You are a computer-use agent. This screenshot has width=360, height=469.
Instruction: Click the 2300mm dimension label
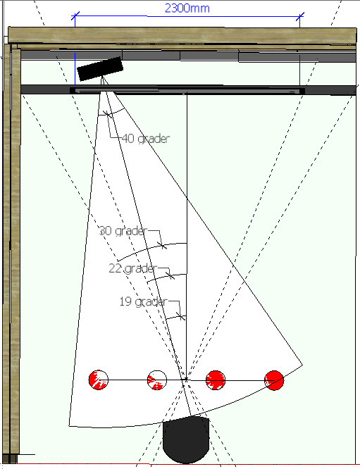187,8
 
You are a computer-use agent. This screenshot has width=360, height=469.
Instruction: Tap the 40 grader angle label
146,139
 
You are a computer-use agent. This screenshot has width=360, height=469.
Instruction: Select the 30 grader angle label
123,230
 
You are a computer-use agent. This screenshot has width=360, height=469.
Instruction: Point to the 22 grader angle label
132,268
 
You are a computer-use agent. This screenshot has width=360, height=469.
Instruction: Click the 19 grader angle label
143,301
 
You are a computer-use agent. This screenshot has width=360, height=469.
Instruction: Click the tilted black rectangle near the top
100,69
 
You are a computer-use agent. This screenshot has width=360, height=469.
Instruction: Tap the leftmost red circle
99,380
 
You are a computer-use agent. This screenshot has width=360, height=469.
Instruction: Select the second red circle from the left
157,380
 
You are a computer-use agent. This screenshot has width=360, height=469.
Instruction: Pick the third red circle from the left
216,380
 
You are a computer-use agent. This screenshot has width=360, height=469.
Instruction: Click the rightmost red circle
274,380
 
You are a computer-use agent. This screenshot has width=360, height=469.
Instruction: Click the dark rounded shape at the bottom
186,439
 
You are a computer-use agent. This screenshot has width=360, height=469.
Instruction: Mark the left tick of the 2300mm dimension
75,16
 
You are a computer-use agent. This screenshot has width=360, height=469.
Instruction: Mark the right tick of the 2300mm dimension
300,17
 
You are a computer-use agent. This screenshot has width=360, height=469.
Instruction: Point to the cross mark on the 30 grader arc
162,246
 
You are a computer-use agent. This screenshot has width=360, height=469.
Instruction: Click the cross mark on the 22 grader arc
170,275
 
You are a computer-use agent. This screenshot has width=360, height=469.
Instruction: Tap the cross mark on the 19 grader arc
180,316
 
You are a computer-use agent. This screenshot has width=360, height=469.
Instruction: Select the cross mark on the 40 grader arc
107,114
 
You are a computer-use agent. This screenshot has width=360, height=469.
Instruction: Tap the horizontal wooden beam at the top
182,35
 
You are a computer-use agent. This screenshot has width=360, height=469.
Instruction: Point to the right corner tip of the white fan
302,365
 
